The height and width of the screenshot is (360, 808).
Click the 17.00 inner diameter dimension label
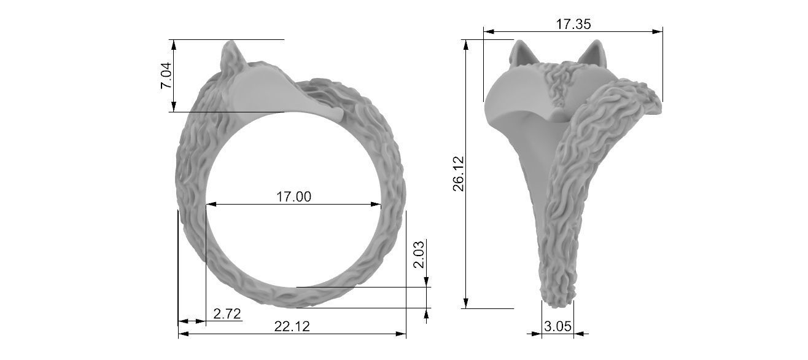(x=293, y=197)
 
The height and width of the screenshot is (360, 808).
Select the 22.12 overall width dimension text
(x=292, y=327)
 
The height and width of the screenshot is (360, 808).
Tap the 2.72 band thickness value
(x=227, y=315)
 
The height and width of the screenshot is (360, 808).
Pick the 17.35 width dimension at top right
(x=573, y=25)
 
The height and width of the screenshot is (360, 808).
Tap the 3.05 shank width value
(x=557, y=327)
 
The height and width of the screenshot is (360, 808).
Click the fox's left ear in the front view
(x=524, y=52)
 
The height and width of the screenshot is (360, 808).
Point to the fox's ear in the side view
(x=231, y=52)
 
